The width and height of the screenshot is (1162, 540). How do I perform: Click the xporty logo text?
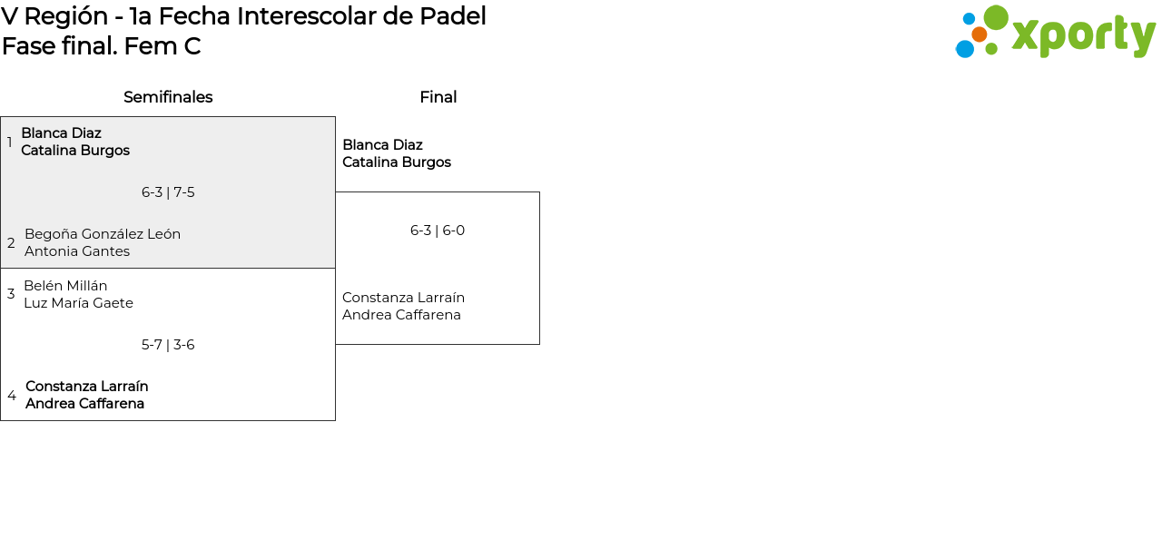[x=1082, y=35]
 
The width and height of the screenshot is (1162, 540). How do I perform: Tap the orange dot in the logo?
[x=979, y=34]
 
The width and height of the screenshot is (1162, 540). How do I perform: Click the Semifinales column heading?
[x=168, y=97]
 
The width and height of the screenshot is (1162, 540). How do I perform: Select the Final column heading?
[x=438, y=97]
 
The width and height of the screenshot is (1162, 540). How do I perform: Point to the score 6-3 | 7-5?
[x=168, y=192]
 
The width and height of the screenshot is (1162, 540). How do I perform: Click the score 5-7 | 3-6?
[x=168, y=345]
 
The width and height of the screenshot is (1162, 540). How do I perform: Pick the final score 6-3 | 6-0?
[x=438, y=231]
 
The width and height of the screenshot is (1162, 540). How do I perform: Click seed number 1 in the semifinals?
[x=10, y=142]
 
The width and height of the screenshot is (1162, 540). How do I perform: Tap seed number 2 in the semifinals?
[x=11, y=243]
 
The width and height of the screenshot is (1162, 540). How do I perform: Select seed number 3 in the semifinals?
[x=11, y=294]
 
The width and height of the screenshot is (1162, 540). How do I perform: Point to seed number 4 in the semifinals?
[x=12, y=396]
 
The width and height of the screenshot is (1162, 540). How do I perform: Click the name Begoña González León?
[x=103, y=234]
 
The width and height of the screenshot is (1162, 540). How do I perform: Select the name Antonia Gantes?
[x=77, y=251]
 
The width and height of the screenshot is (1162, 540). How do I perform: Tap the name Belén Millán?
[x=65, y=286]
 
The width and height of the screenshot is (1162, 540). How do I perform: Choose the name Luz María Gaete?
[x=78, y=303]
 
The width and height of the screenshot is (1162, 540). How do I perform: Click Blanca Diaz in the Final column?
[x=382, y=145]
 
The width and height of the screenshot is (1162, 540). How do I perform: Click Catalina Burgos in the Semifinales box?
[x=75, y=151]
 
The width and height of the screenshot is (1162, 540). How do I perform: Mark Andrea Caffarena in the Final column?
[x=401, y=315]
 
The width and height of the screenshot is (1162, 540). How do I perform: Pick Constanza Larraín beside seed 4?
[x=87, y=387]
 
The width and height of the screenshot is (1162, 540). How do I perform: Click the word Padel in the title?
[x=457, y=16]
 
